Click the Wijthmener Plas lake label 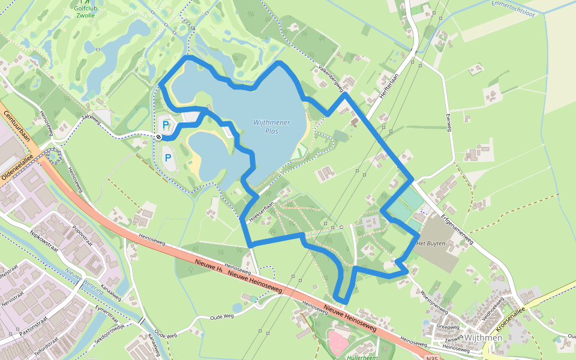coord(272,127)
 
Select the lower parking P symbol coord(168,158)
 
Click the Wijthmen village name coord(483,338)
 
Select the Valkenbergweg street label coord(331,77)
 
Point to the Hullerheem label coord(362,356)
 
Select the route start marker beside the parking coord(158,137)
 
